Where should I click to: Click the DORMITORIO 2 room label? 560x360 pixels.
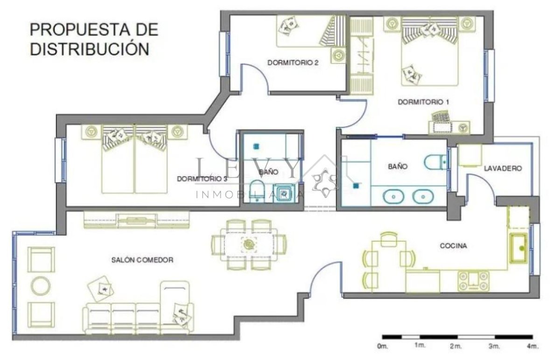pyautogui.click(x=293, y=62)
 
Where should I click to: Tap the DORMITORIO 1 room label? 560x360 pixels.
pyautogui.click(x=423, y=102)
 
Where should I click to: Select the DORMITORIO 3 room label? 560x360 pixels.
pyautogui.click(x=202, y=179)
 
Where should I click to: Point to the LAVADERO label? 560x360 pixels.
pyautogui.click(x=503, y=168)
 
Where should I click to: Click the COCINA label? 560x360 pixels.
pyautogui.click(x=453, y=246)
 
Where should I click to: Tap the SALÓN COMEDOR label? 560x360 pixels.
pyautogui.click(x=142, y=260)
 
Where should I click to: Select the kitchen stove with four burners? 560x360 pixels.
pyautogui.click(x=474, y=281)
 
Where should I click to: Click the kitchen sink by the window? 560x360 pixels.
pyautogui.click(x=519, y=249)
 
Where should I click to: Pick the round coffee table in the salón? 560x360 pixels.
pyautogui.click(x=41, y=285)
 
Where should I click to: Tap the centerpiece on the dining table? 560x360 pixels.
pyautogui.click(x=249, y=244)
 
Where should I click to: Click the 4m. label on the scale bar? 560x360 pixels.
pyautogui.click(x=533, y=346)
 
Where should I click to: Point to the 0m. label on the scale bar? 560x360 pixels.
pyautogui.click(x=383, y=346)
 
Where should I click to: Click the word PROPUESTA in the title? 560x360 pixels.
pyautogui.click(x=80, y=29)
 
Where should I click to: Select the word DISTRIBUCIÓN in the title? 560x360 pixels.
pyautogui.click(x=90, y=48)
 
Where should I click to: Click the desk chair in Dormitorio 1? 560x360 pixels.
pyautogui.click(x=441, y=117)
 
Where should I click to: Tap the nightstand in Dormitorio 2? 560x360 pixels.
pyautogui.click(x=338, y=55)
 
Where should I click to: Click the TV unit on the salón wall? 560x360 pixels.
pyautogui.click(x=136, y=220)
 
